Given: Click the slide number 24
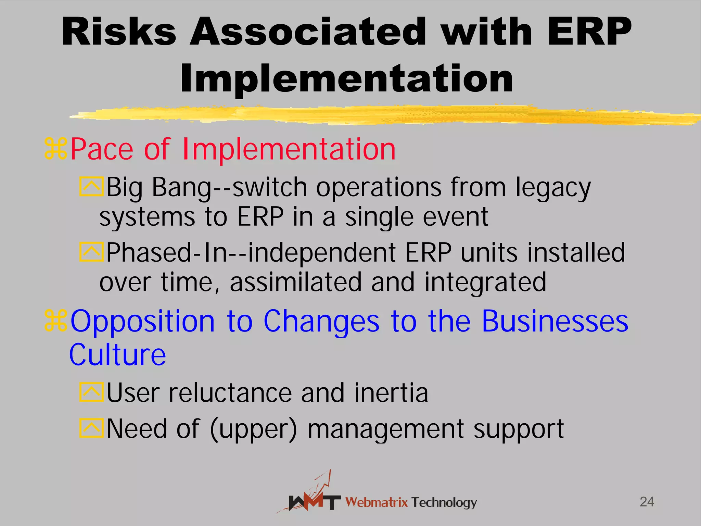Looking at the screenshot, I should [x=647, y=502].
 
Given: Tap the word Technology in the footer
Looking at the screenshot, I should [x=444, y=502].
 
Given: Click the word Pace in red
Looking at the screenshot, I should [x=102, y=149].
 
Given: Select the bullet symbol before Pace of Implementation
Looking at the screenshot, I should [x=56, y=149].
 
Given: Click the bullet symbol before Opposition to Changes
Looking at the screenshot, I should [x=56, y=321].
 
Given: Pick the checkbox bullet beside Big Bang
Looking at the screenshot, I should [x=91, y=186].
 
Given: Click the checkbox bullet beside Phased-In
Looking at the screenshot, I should [x=91, y=252].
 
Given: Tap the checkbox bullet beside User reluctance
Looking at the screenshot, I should [x=91, y=392].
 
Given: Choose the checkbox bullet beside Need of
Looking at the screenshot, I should [x=91, y=428].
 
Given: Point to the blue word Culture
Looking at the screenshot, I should [x=118, y=355].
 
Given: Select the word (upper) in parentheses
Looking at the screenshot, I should [x=253, y=429].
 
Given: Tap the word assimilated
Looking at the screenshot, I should [x=296, y=282].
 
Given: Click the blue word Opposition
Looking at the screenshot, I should [x=142, y=322].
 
